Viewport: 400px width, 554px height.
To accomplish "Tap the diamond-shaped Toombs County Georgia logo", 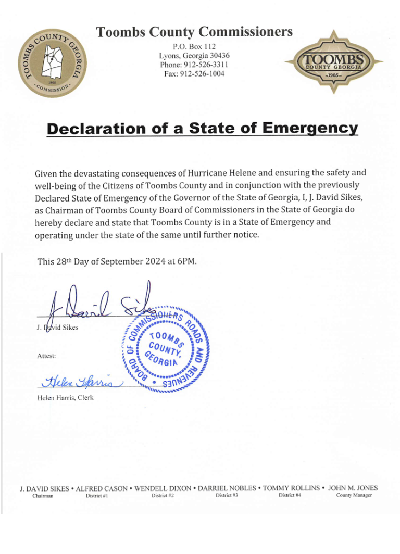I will pyautogui.click(x=333, y=61).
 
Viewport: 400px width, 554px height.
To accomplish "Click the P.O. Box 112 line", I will pyautogui.click(x=194, y=46).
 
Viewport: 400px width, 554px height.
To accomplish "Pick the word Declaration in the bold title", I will pyautogui.click(x=91, y=128).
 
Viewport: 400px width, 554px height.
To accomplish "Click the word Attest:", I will pyautogui.click(x=46, y=356).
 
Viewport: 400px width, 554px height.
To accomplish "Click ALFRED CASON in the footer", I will pyautogui.click(x=102, y=488).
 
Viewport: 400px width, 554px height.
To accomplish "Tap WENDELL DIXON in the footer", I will pyautogui.click(x=162, y=488).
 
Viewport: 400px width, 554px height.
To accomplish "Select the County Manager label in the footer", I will pyautogui.click(x=354, y=495).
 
